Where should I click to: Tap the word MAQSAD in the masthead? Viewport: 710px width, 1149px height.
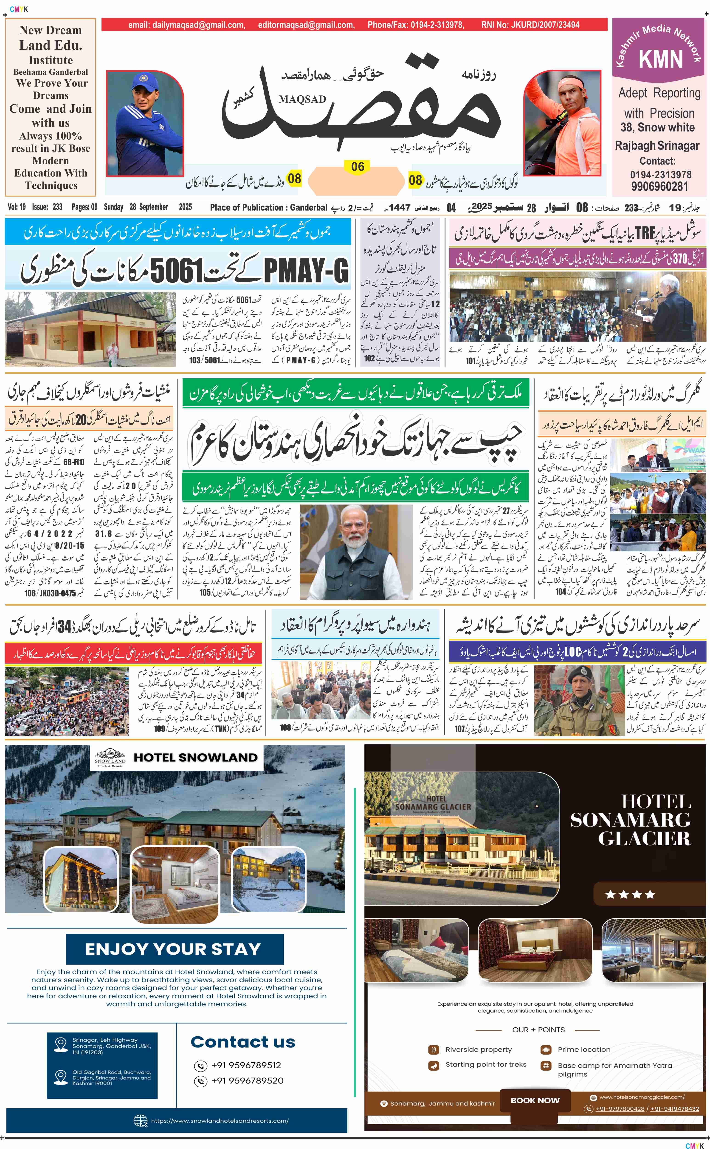tap(302, 99)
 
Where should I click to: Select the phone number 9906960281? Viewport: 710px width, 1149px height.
tap(659, 187)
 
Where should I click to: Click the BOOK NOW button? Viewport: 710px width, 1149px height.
tap(535, 1100)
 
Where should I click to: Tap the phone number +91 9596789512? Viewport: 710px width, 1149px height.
tap(246, 1065)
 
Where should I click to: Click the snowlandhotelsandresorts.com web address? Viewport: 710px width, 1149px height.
tap(219, 1120)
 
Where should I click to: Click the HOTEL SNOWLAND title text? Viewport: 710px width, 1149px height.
tap(195, 758)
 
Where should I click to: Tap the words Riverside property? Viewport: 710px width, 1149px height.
tap(479, 1049)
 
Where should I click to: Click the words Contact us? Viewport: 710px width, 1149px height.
tap(243, 1042)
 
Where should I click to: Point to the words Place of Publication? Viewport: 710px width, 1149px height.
tap(248, 207)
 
